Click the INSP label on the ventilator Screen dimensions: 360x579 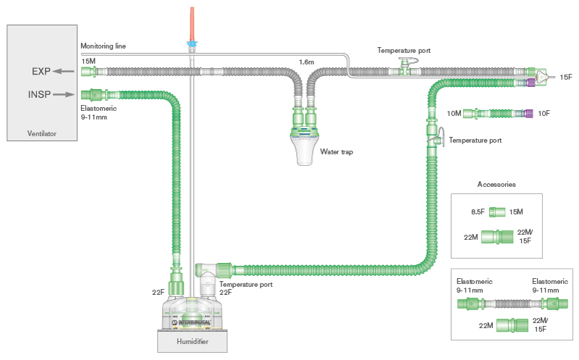tap(40, 94)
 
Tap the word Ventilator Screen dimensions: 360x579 tap(41, 133)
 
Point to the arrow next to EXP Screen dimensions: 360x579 tap(66, 71)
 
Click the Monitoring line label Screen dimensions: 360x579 tap(103, 46)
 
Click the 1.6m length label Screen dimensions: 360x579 tap(307, 62)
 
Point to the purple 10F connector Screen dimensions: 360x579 tap(528, 113)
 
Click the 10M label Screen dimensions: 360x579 tap(454, 113)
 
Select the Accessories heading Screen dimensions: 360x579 tap(496, 184)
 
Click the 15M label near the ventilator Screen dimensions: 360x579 tap(88, 62)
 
